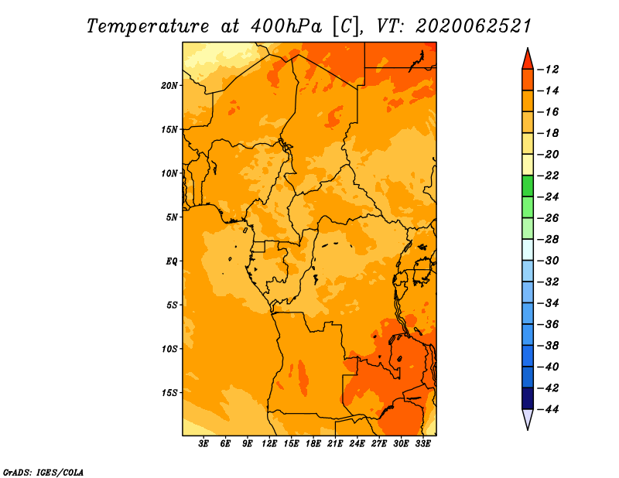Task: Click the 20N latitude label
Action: [x=169, y=86]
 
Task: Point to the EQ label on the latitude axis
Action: [x=172, y=261]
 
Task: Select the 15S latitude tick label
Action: [x=169, y=393]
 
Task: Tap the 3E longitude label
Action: [x=203, y=444]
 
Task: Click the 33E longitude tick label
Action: [x=423, y=444]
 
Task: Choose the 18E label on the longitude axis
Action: [x=313, y=444]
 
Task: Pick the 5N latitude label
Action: [x=172, y=217]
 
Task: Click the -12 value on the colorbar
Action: [x=548, y=70]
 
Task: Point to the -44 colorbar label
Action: [x=548, y=409]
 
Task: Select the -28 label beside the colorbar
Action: [x=548, y=240]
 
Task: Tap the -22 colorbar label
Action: [x=548, y=176]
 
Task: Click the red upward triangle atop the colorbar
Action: [x=528, y=60]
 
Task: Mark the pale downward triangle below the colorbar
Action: [x=528, y=418]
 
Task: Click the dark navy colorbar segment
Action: [x=528, y=398]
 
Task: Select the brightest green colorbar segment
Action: [x=528, y=186]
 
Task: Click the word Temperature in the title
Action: [x=148, y=26]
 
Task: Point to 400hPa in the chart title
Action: [x=286, y=26]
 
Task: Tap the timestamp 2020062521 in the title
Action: [x=474, y=26]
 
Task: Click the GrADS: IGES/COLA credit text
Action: [x=43, y=473]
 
